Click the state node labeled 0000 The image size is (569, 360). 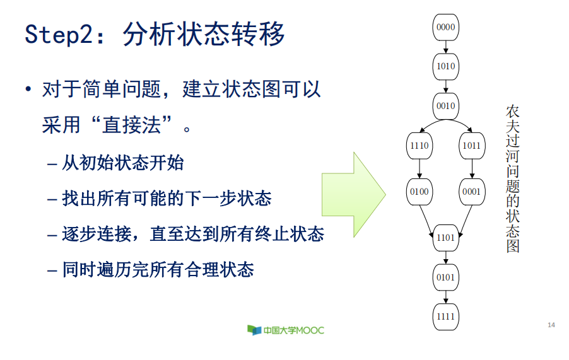(x=445, y=27)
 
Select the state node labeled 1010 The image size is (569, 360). (x=445, y=66)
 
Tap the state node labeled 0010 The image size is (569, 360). (x=445, y=105)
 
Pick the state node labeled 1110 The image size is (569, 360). (x=419, y=146)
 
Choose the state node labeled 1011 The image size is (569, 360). (x=471, y=146)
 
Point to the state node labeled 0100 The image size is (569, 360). (x=419, y=191)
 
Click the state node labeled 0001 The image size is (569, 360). (x=471, y=191)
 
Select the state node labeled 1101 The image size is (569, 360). (x=445, y=238)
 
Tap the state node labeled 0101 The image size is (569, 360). (x=445, y=277)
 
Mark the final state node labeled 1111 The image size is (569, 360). (x=445, y=316)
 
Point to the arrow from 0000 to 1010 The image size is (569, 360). (x=445, y=47)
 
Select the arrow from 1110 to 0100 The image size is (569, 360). (x=419, y=168)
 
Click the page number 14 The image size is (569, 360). (x=551, y=325)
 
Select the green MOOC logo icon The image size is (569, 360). (x=254, y=330)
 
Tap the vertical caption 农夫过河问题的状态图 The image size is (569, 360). (x=512, y=179)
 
